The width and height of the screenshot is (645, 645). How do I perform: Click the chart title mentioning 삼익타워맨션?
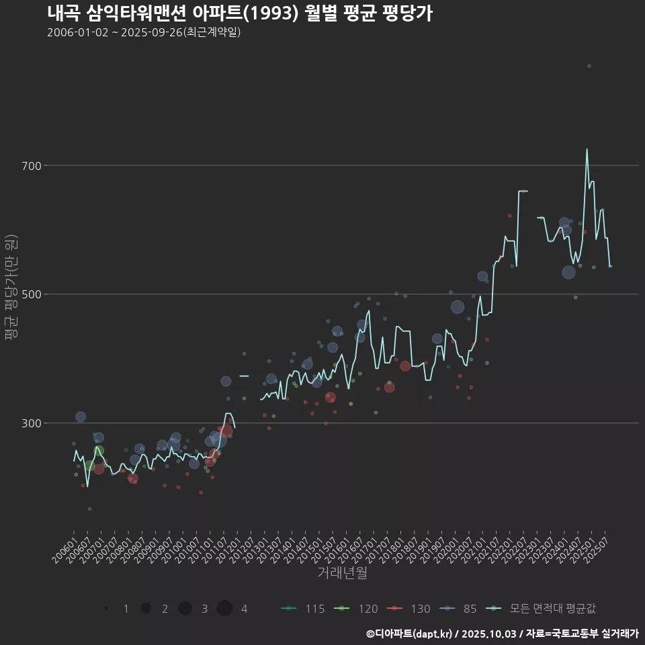239,13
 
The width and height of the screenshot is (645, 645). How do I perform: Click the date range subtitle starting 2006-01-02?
144,32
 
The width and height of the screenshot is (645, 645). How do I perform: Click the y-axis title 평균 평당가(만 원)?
10,289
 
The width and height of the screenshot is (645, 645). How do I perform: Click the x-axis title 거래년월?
342,573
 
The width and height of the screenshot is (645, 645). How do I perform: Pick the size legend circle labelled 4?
225,609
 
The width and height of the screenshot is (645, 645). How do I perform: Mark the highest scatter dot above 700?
589,66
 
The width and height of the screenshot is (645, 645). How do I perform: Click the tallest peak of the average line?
587,150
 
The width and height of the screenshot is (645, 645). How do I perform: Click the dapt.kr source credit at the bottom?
501,633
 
